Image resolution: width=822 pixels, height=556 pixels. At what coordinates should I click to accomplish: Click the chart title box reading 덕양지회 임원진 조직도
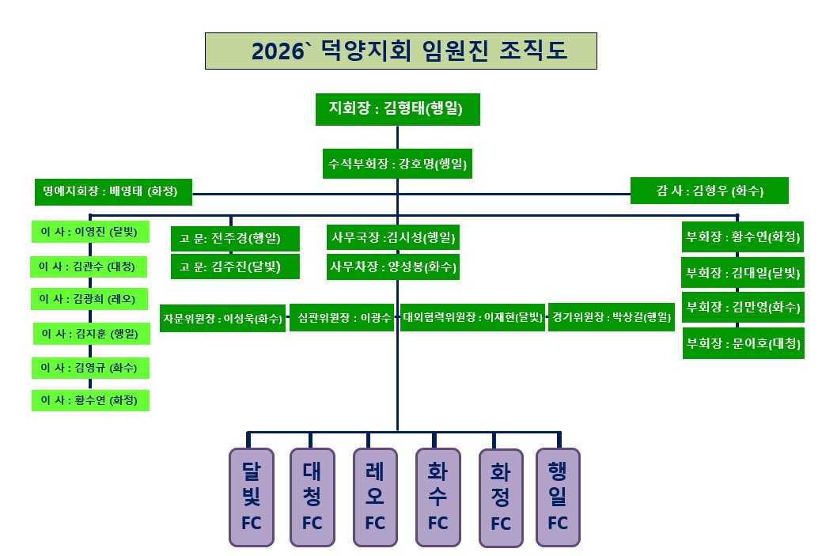click(400, 51)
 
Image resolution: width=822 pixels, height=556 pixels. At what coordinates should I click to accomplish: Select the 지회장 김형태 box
click(397, 109)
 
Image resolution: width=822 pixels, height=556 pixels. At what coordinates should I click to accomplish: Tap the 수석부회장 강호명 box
click(397, 165)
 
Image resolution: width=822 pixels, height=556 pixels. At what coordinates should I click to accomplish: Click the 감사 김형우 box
click(710, 191)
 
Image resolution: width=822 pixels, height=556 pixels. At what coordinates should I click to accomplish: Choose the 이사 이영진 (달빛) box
click(89, 233)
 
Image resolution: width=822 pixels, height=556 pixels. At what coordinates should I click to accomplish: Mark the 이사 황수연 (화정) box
click(89, 401)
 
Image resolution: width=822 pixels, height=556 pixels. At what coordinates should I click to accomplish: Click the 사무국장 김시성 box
click(392, 237)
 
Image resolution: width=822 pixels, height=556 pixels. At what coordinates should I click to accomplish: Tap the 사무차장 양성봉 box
click(392, 267)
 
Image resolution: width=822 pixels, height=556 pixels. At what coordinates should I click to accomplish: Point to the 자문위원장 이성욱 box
click(222, 319)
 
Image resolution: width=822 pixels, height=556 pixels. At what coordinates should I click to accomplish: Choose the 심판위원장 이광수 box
click(341, 319)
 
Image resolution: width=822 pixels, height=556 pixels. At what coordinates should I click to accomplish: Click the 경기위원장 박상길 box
click(610, 318)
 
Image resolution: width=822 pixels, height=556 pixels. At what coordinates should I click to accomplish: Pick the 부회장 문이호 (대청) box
click(743, 343)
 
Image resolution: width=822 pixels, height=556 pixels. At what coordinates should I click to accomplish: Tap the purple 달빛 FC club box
click(251, 497)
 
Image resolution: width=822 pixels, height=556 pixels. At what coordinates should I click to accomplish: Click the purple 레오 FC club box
click(375, 497)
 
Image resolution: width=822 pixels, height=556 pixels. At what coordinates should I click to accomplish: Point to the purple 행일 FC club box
click(558, 497)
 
